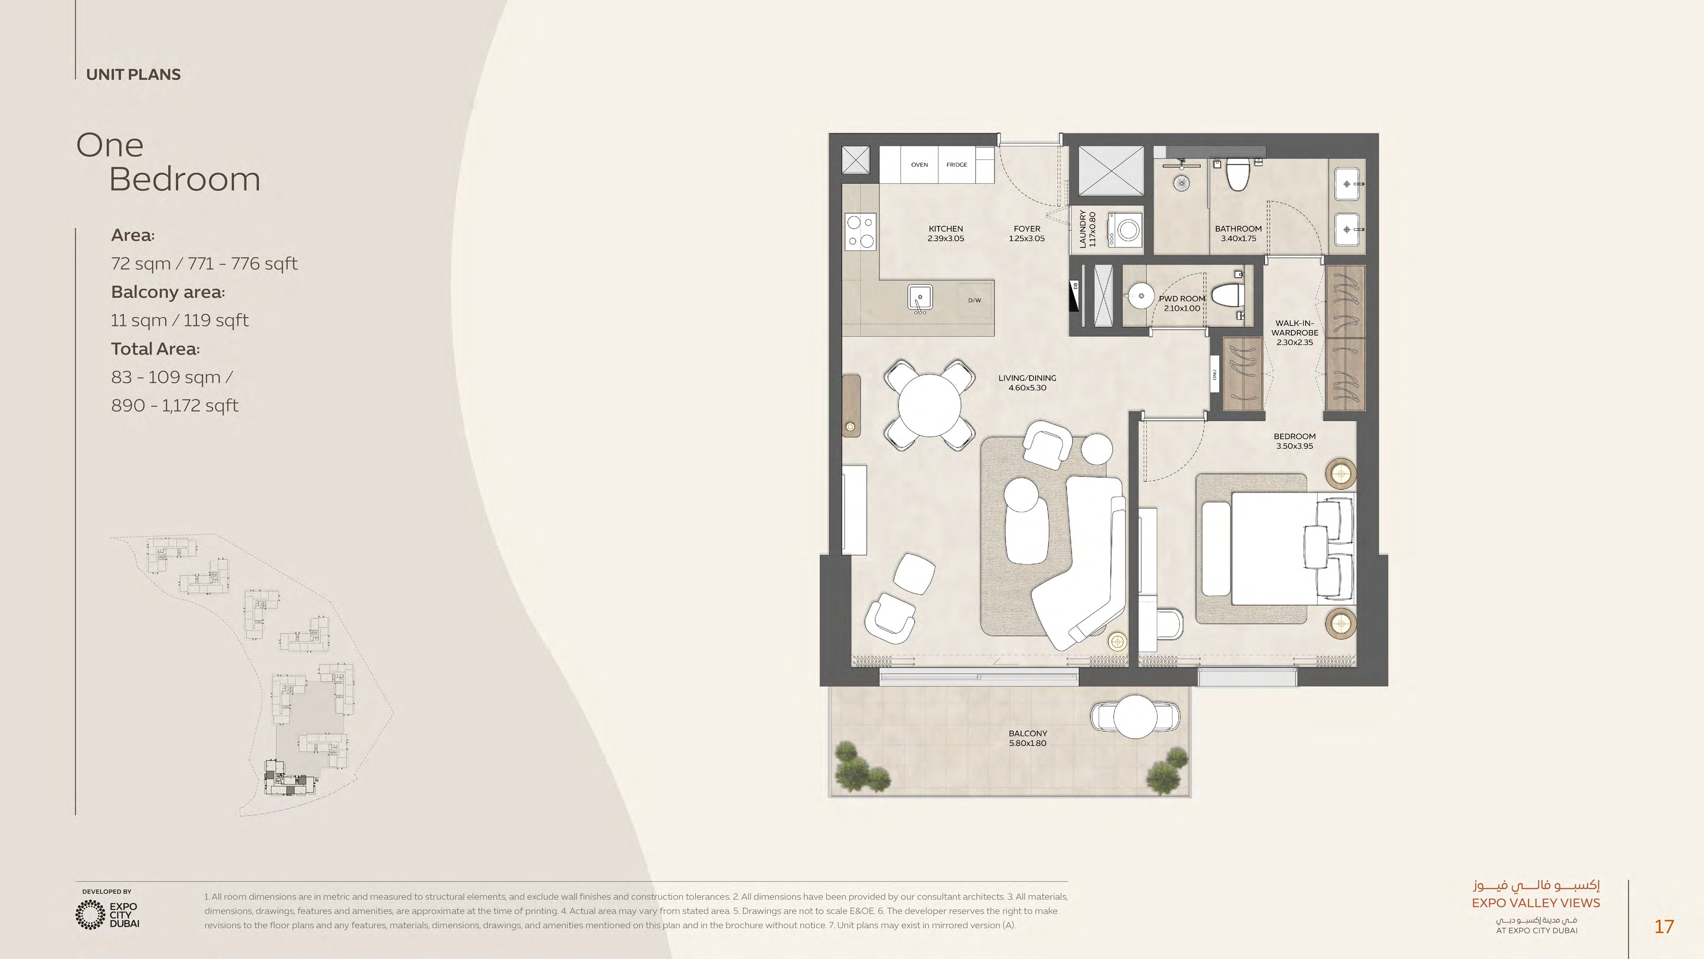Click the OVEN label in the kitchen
click(x=919, y=165)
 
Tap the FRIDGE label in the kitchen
click(x=956, y=165)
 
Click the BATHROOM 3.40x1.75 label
click(x=1238, y=234)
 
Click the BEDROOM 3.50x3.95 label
click(x=1295, y=441)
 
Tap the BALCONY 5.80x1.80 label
click(x=1027, y=738)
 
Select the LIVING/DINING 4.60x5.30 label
click(x=1027, y=383)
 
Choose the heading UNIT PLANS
click(x=133, y=75)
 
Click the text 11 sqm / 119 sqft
click(x=179, y=321)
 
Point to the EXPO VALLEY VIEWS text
click(x=1535, y=903)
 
